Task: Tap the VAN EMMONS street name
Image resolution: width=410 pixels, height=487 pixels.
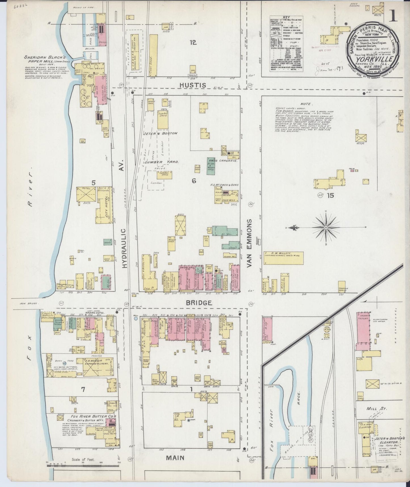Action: (250, 243)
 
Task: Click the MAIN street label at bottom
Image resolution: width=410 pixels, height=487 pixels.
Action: (175, 458)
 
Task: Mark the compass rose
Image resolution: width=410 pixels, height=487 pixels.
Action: (326, 228)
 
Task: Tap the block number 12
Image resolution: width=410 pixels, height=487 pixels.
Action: (193, 43)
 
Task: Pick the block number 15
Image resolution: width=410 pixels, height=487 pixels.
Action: (330, 195)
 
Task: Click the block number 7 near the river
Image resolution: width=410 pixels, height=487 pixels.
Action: (83, 390)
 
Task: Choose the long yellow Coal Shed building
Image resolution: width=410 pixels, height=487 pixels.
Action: (153, 55)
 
